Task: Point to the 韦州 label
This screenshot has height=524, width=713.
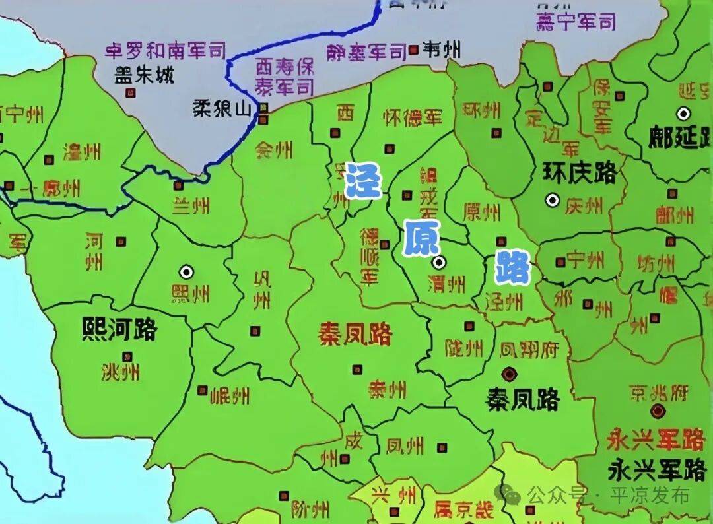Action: pyautogui.click(x=442, y=49)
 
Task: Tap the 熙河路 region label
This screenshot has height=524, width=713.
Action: pyautogui.click(x=119, y=328)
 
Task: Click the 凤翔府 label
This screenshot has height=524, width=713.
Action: pyautogui.click(x=530, y=348)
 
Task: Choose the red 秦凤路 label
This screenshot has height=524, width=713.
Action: pyautogui.click(x=355, y=334)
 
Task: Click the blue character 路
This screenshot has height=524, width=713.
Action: pyautogui.click(x=514, y=267)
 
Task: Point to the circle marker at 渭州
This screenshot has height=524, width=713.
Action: pyautogui.click(x=438, y=263)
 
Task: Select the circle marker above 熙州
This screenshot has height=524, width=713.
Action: pyautogui.click(x=186, y=271)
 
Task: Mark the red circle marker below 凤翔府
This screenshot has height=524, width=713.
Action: pyautogui.click(x=508, y=374)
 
